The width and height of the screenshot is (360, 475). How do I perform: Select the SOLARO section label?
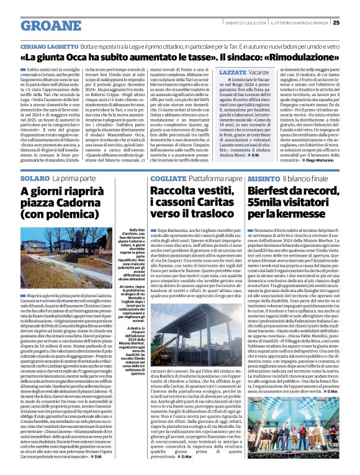(34, 178)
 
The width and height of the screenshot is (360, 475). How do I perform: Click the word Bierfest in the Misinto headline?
(268, 192)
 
